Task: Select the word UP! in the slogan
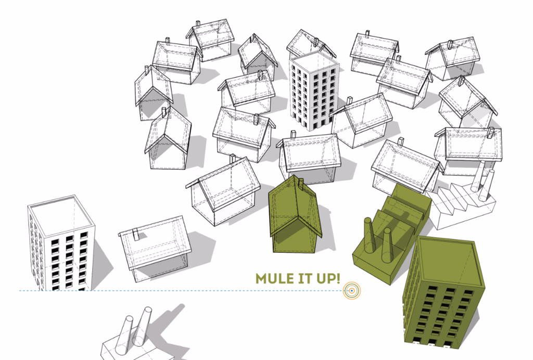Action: click(x=328, y=278)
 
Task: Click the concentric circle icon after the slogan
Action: click(x=352, y=291)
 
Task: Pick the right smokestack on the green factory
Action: click(x=387, y=245)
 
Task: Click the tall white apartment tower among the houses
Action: click(x=314, y=91)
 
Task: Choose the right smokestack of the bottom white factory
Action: click(x=142, y=326)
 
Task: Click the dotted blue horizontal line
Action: click(x=181, y=291)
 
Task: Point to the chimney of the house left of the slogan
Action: click(x=136, y=234)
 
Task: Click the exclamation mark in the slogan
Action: click(x=337, y=278)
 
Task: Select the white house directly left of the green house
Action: click(x=223, y=192)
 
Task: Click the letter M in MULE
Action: click(x=261, y=278)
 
